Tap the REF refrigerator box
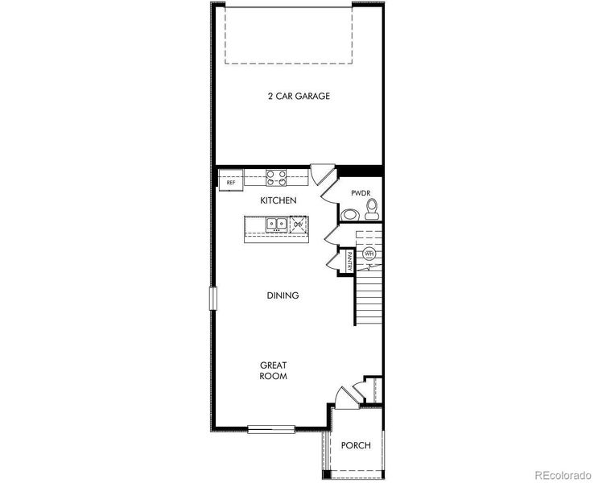[230, 183]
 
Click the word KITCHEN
[278, 200]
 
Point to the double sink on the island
[274, 225]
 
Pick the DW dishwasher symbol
[297, 225]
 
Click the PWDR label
[360, 193]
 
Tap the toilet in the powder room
[371, 210]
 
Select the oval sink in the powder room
[349, 215]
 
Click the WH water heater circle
[369, 254]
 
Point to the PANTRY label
[349, 260]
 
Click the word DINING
[283, 295]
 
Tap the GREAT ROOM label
[274, 370]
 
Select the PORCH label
[356, 446]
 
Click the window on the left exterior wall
[213, 298]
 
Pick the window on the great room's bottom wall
[270, 428]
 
